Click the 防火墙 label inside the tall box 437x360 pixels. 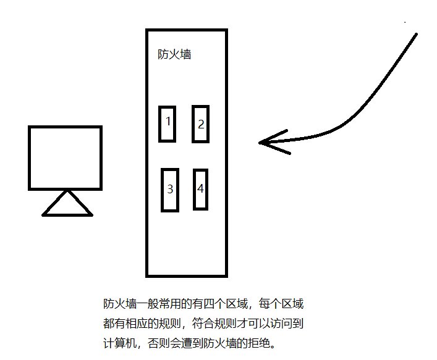click(x=174, y=54)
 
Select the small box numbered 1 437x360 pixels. click(x=167, y=123)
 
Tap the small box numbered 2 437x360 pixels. click(x=200, y=123)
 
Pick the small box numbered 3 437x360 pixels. click(x=170, y=190)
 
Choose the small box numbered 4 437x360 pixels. click(x=200, y=189)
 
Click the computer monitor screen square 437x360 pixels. click(x=65, y=157)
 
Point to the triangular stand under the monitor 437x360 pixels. click(x=67, y=205)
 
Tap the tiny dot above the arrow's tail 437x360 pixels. click(x=405, y=22)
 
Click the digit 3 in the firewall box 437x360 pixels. click(x=170, y=190)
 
